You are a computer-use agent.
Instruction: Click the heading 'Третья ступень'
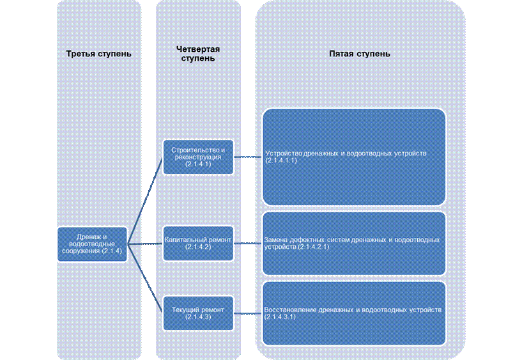98,54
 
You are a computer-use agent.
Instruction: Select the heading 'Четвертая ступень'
198,54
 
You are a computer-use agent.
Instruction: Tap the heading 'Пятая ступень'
360,54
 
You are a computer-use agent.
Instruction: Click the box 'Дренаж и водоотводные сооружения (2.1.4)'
92,244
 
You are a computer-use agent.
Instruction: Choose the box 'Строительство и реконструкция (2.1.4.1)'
198,157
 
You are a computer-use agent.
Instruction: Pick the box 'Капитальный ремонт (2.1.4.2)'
198,244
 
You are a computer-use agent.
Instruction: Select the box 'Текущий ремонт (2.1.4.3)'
198,313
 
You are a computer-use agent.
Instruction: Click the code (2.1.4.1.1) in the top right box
281,160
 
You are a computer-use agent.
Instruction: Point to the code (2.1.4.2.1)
314,247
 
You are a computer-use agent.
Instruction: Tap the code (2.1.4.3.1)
280,317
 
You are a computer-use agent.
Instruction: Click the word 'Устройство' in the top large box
284,153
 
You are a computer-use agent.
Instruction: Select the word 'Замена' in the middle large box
275,240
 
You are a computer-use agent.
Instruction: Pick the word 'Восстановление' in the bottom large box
290,310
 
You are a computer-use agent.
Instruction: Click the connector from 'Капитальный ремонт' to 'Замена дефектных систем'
248,244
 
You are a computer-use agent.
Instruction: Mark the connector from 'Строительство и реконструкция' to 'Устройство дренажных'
248,157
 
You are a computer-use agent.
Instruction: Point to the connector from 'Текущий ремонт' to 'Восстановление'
248,313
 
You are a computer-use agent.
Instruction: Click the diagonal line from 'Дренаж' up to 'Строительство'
145,201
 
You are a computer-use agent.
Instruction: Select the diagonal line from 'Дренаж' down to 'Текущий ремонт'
145,278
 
